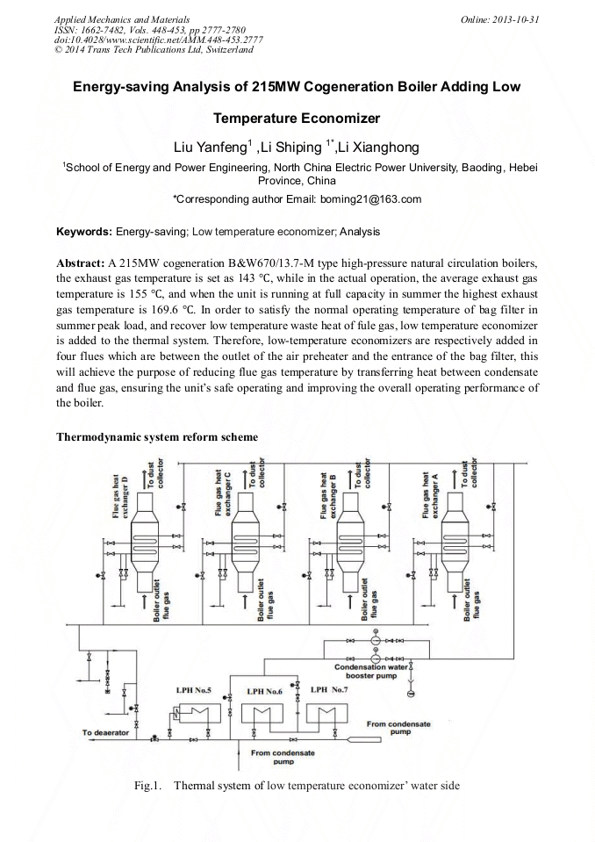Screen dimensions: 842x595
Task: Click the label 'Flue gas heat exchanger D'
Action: tap(121, 493)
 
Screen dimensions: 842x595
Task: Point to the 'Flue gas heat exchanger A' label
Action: tap(431, 493)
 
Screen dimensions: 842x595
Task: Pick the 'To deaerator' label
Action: tap(105, 732)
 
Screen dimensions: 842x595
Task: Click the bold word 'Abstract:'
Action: tap(80, 263)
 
